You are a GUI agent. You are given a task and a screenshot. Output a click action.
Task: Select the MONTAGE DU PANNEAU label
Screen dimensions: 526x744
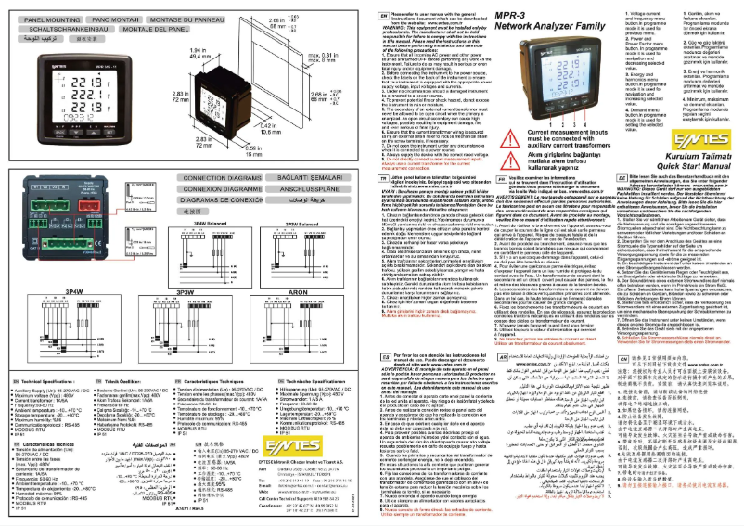click(198, 18)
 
